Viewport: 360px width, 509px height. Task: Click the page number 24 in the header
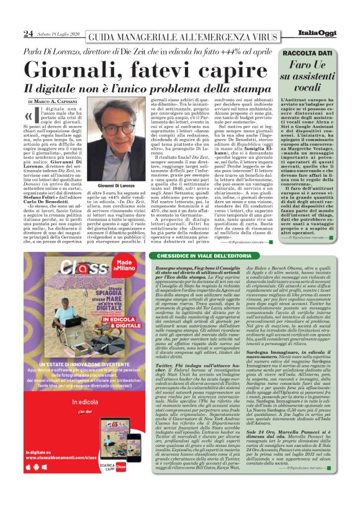(x=28, y=33)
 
